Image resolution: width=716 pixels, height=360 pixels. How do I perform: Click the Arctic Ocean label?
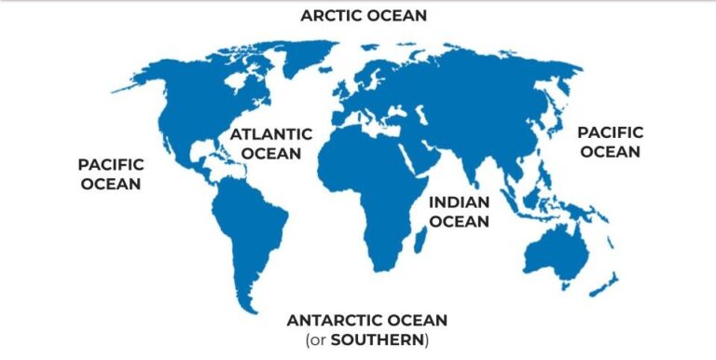[363, 15]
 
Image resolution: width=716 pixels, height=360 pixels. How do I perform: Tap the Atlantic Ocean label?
[266, 143]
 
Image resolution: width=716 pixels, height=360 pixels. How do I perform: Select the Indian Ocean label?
[459, 212]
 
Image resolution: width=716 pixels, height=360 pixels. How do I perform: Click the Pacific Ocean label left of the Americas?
[111, 174]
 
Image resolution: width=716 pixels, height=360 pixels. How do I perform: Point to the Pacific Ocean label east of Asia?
[610, 142]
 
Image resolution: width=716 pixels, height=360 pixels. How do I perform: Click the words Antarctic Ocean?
[367, 319]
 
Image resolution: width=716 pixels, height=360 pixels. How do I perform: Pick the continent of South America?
[247, 224]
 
